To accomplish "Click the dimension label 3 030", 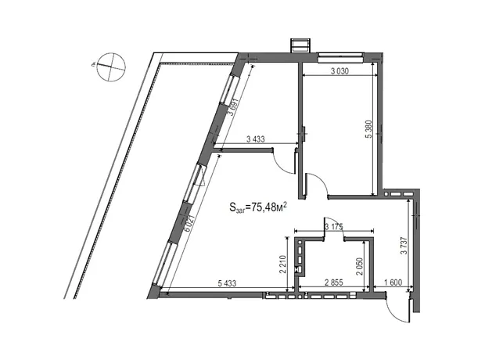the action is pyautogui.click(x=339, y=71).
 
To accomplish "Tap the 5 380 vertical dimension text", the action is pyautogui.click(x=369, y=129).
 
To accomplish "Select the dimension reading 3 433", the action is pyautogui.click(x=256, y=139).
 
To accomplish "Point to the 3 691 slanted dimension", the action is pyautogui.click(x=233, y=106).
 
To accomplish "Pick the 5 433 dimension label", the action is pyautogui.click(x=227, y=283).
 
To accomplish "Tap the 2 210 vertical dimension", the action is pyautogui.click(x=282, y=265).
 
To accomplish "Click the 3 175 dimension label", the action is pyautogui.click(x=334, y=227).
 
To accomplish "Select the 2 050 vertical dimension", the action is pyautogui.click(x=359, y=267).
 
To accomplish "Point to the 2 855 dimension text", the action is pyautogui.click(x=334, y=283).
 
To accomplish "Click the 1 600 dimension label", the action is pyautogui.click(x=393, y=283).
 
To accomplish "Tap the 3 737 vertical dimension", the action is pyautogui.click(x=404, y=246).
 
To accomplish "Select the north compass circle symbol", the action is pyautogui.click(x=111, y=67).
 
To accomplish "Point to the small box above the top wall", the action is pyautogui.click(x=300, y=46).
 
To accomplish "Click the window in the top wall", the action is pyautogui.click(x=340, y=58).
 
